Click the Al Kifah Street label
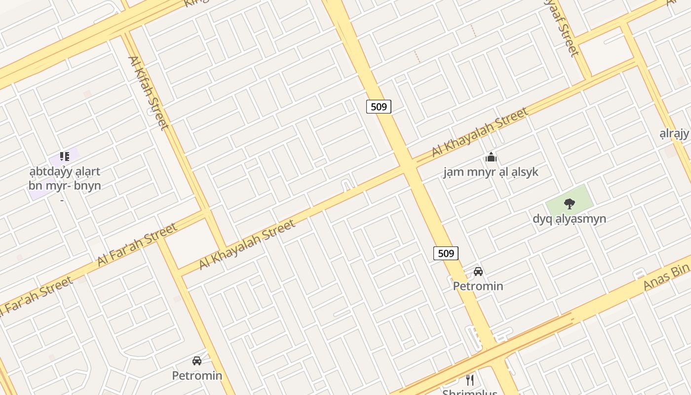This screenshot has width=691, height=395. (148, 93)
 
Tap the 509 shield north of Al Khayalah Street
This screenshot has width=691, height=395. (379, 106)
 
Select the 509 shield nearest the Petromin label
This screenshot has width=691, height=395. (446, 253)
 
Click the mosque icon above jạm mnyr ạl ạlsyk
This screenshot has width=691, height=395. (491, 158)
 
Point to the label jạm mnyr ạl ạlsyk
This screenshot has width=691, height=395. (491, 172)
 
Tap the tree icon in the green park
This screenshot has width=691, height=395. (569, 203)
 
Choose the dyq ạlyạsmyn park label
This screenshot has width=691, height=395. (569, 218)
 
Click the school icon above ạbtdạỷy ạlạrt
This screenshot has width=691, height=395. (64, 157)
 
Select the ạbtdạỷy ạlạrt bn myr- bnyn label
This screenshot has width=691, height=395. (64, 179)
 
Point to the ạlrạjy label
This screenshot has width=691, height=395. (674, 133)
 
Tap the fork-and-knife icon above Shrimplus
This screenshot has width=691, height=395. (470, 380)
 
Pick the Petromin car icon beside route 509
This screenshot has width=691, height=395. (478, 271)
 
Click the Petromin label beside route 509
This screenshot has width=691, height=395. (478, 286)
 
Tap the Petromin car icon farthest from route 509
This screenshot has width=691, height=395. (197, 361)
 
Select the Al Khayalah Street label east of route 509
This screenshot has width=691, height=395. (480, 132)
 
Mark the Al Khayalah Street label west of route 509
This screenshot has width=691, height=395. (247, 244)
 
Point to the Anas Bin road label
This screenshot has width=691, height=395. (666, 278)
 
